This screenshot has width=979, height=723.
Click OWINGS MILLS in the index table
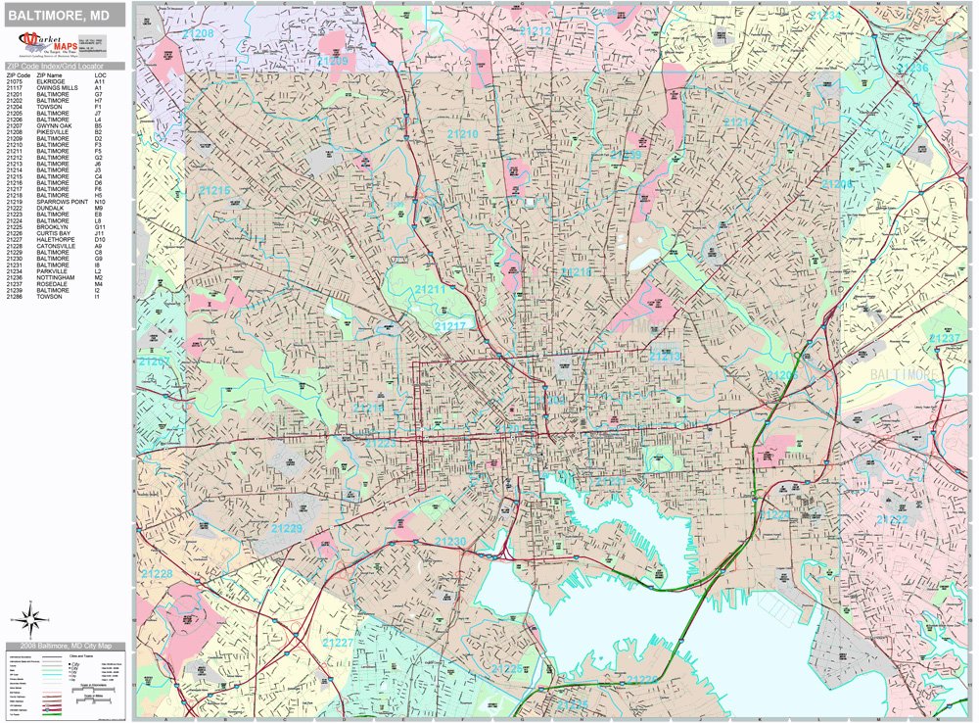pos(56,88)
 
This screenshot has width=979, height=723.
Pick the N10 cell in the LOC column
pos(100,202)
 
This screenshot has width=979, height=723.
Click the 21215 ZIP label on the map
pos(214,190)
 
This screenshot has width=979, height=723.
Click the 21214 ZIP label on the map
pos(738,122)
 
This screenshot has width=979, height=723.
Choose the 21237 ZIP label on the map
pos(946,338)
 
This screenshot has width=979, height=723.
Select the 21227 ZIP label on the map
pos(339,642)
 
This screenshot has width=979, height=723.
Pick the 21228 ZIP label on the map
pos(157,574)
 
